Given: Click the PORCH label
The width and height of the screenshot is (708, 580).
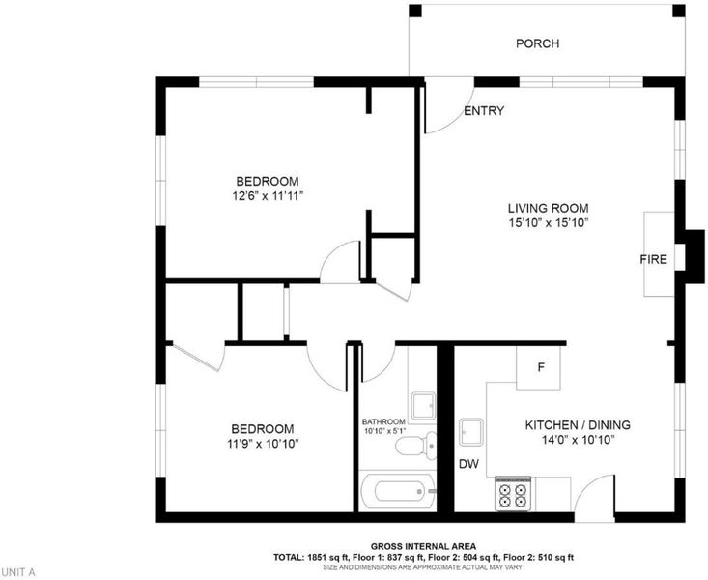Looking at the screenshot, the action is (537, 43).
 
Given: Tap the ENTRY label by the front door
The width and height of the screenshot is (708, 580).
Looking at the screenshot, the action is (484, 111).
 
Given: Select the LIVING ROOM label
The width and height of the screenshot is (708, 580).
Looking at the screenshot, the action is (549, 209).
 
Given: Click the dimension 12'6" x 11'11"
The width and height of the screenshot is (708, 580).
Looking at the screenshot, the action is (268, 196).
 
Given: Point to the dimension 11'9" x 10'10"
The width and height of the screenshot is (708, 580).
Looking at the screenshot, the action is (264, 444).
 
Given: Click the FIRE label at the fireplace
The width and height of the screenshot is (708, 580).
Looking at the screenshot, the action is (653, 259).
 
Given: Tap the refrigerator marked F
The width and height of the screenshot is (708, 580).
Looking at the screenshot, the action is (539, 367).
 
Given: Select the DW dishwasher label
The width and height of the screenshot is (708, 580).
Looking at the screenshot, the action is (468, 464).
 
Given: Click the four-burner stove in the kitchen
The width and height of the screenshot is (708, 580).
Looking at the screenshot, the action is (513, 494).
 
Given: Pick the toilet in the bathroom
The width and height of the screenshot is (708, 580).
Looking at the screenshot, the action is (416, 446).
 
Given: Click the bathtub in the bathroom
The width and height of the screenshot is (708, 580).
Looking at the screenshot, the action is (398, 491).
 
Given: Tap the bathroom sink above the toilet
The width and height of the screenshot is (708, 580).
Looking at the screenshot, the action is (423, 405).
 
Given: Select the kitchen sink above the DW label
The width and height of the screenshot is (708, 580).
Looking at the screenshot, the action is (471, 433).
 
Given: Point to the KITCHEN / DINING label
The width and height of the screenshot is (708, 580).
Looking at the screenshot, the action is (578, 425).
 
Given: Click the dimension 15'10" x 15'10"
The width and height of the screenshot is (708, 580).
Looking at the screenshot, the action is (549, 223).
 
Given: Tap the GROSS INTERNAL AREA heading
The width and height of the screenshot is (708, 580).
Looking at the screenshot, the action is (423, 546).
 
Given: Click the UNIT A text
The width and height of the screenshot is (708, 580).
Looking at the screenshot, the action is (17, 573).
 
